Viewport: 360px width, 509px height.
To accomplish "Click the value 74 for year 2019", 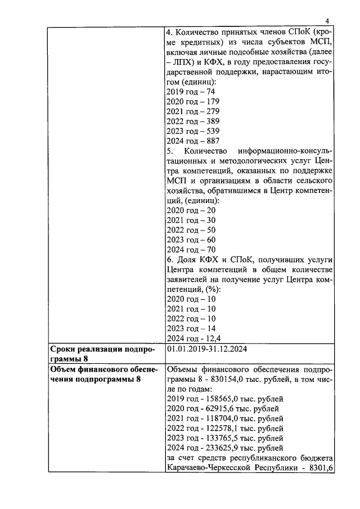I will [x=210, y=92].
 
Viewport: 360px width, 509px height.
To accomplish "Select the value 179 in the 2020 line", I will [x=213, y=101].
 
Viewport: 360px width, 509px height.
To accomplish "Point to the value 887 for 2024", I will [x=213, y=141].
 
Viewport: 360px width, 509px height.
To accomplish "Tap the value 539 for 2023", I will [x=213, y=131].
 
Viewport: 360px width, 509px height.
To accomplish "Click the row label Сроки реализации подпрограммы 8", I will [x=102, y=354].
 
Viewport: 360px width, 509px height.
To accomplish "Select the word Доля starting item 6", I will [x=188, y=259].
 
